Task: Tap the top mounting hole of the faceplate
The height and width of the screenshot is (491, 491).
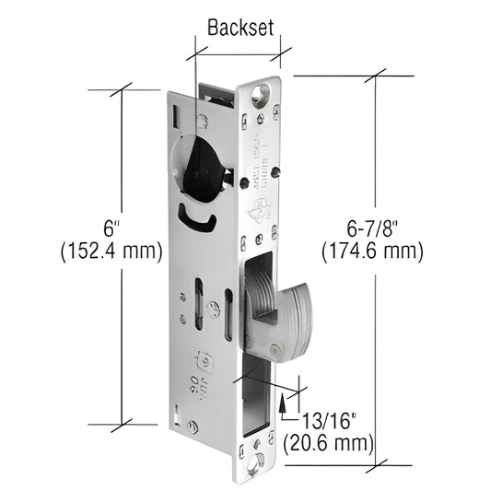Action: (x=261, y=92)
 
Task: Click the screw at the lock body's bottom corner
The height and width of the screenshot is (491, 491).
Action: (x=192, y=427)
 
